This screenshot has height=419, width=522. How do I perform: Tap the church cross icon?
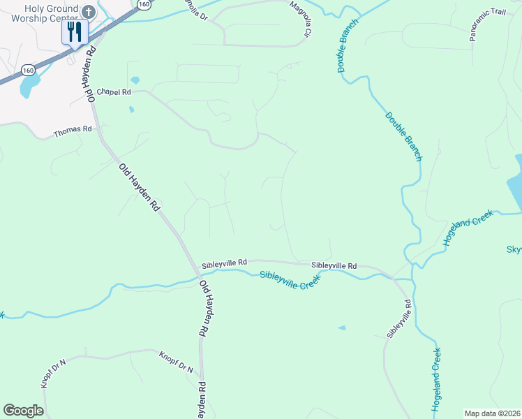(88, 12)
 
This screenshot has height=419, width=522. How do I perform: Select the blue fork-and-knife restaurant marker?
(75, 32)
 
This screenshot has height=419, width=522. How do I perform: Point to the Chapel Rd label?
(114, 91)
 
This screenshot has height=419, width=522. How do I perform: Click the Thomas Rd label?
(73, 129)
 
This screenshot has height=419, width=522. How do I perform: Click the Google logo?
(23, 411)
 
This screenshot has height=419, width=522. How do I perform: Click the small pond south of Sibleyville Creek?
(341, 328)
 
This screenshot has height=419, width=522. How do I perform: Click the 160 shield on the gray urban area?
(28, 70)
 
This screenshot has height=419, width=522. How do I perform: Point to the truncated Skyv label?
(514, 249)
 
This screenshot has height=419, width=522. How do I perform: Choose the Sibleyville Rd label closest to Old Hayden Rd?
(224, 263)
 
